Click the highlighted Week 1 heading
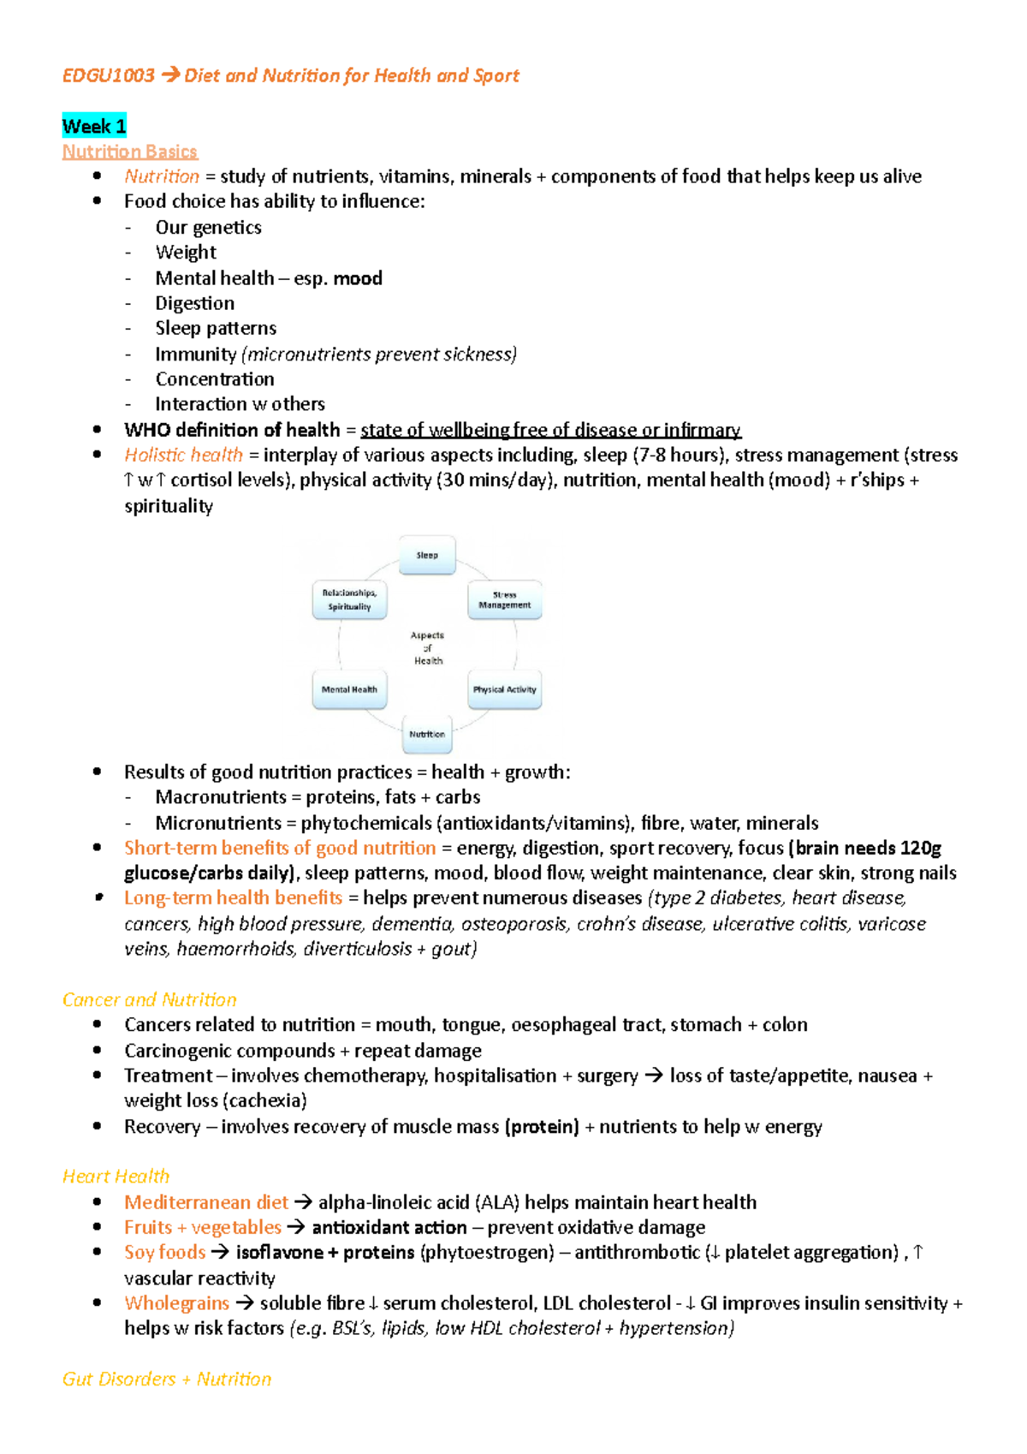click(94, 127)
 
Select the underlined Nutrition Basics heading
click(130, 152)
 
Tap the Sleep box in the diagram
click(427, 556)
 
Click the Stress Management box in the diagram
click(504, 599)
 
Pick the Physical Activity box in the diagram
click(504, 689)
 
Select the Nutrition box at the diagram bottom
click(427, 734)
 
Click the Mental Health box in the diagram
click(349, 689)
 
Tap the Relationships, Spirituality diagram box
click(349, 599)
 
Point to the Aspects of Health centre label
click(427, 647)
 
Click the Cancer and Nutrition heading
click(150, 999)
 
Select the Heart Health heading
click(116, 1177)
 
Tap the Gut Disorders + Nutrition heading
click(167, 1379)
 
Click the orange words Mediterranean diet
click(206, 1202)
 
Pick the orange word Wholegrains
click(177, 1303)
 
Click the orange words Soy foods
click(165, 1252)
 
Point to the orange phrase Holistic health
click(183, 455)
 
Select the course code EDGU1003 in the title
click(108, 75)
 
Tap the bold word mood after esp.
click(358, 278)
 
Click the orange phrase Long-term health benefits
click(233, 897)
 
